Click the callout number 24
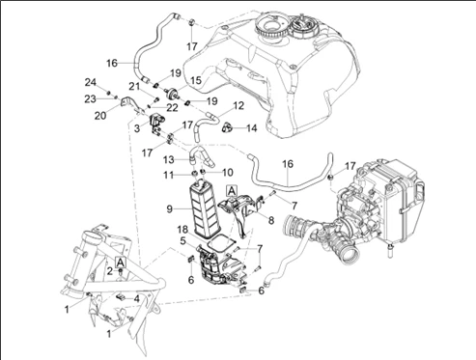(x=91, y=82)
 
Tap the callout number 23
(x=90, y=99)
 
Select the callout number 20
(x=100, y=116)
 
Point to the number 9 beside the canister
(x=170, y=209)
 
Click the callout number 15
(x=195, y=80)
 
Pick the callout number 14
(x=252, y=128)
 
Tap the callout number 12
(x=238, y=105)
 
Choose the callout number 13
(x=169, y=159)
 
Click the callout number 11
(x=168, y=175)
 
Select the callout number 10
(x=227, y=173)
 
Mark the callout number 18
(x=182, y=230)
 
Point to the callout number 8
(x=271, y=220)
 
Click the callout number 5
(x=182, y=240)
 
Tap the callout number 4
(x=137, y=299)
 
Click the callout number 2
(x=110, y=271)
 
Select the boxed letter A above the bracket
(x=232, y=190)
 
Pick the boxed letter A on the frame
(x=120, y=263)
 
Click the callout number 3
(x=137, y=128)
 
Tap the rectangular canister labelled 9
(x=204, y=210)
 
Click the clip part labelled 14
(x=227, y=127)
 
